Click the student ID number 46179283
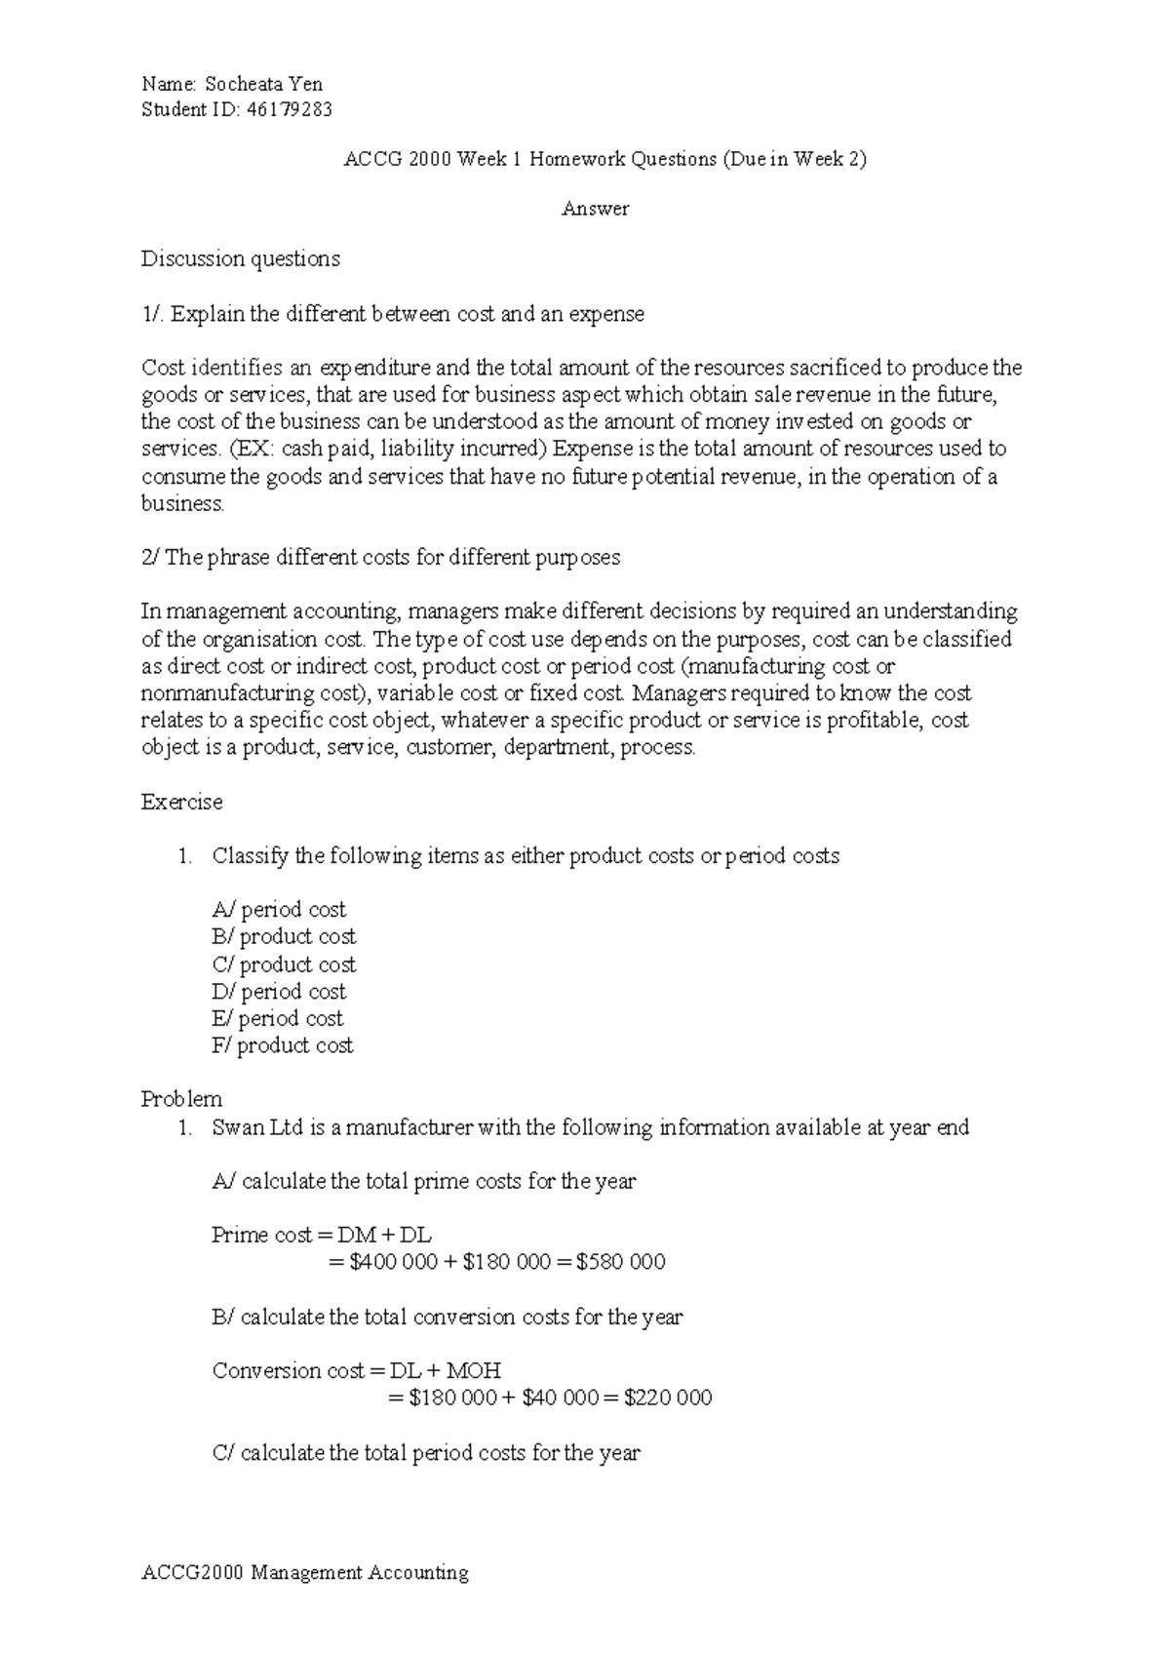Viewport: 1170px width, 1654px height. pyautogui.click(x=290, y=110)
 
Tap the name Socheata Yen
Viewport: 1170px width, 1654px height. pyautogui.click(x=264, y=84)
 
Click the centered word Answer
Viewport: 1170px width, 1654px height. pyautogui.click(x=595, y=209)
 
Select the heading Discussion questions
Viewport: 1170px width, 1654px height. pyautogui.click(x=241, y=259)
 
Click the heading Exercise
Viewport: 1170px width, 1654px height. pyautogui.click(x=182, y=803)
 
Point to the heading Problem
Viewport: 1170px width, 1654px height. pyautogui.click(x=182, y=1100)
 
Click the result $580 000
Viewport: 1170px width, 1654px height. pyautogui.click(x=621, y=1263)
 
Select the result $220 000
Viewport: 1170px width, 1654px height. pyautogui.click(x=668, y=1398)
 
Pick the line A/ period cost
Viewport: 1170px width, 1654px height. pyautogui.click(x=279, y=910)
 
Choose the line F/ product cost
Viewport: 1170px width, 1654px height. pyautogui.click(x=283, y=1046)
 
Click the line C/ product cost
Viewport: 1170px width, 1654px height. pyautogui.click(x=284, y=965)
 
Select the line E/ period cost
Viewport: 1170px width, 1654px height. pyautogui.click(x=278, y=1019)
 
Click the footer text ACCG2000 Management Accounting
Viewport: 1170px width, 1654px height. pyautogui.click(x=305, y=1573)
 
